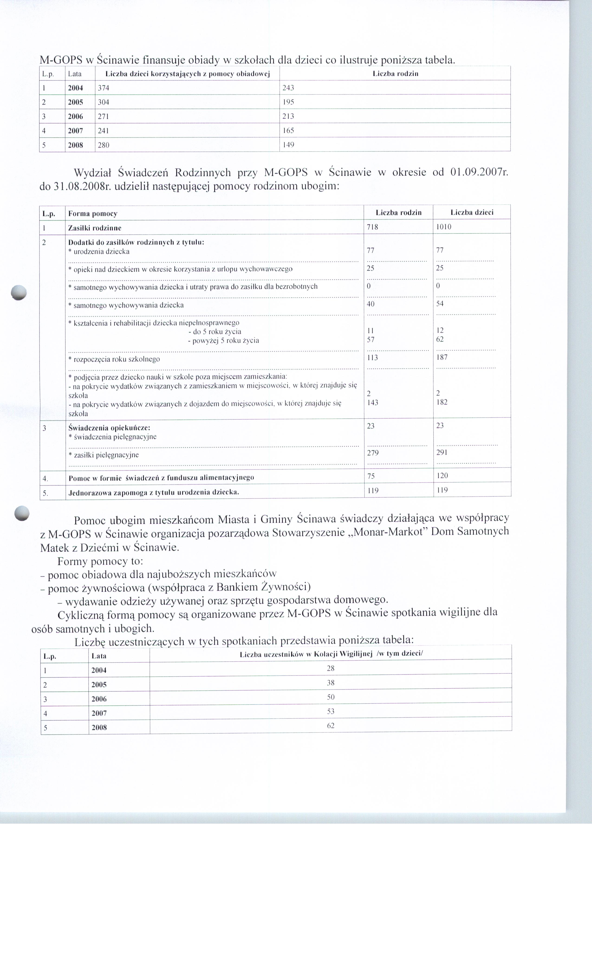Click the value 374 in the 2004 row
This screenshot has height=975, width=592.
103,88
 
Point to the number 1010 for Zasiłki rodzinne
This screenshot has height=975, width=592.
444,227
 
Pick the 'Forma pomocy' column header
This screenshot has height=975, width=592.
93,214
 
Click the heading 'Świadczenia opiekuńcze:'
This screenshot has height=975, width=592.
109,428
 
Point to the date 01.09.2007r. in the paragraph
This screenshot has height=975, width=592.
479,172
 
